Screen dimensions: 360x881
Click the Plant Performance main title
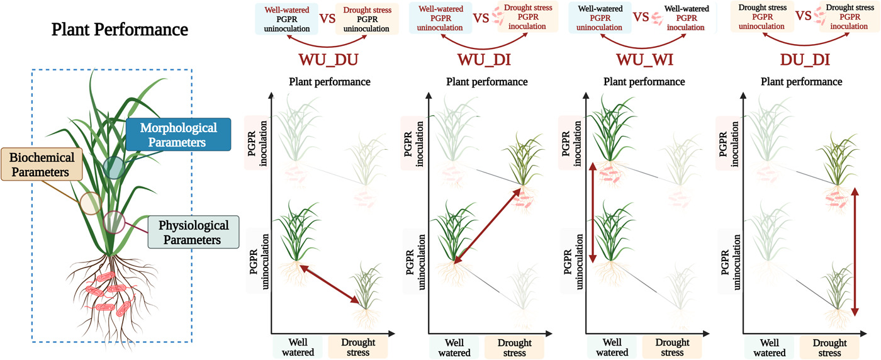pyautogui.click(x=120, y=30)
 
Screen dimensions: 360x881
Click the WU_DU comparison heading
pyautogui.click(x=330, y=60)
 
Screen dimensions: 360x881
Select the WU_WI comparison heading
pyautogui.click(x=644, y=60)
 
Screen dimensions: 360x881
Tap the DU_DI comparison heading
pyautogui.click(x=801, y=60)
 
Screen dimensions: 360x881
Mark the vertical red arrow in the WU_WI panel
pyautogui.click(x=593, y=213)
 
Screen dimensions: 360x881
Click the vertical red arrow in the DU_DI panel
pyautogui.click(x=854, y=252)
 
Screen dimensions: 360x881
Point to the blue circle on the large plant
pyautogui.click(x=114, y=167)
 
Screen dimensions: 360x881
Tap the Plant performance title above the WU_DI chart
pyautogui.click(x=487, y=82)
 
